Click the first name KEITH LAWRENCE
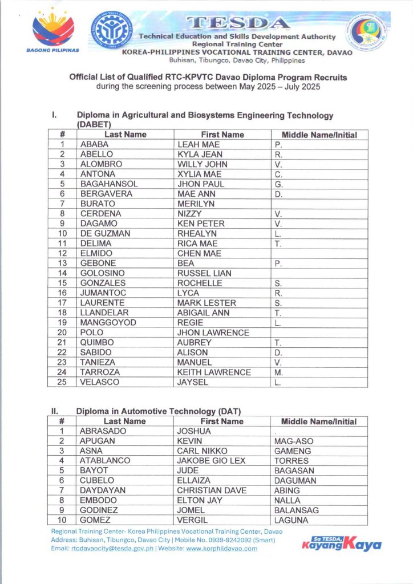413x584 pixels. (214, 372)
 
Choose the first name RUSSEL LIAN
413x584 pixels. (204, 273)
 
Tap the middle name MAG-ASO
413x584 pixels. (294, 441)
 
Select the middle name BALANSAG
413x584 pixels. (297, 510)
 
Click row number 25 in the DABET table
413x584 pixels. (62, 382)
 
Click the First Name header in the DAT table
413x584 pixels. (222, 421)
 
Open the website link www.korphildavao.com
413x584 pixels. (222, 549)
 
